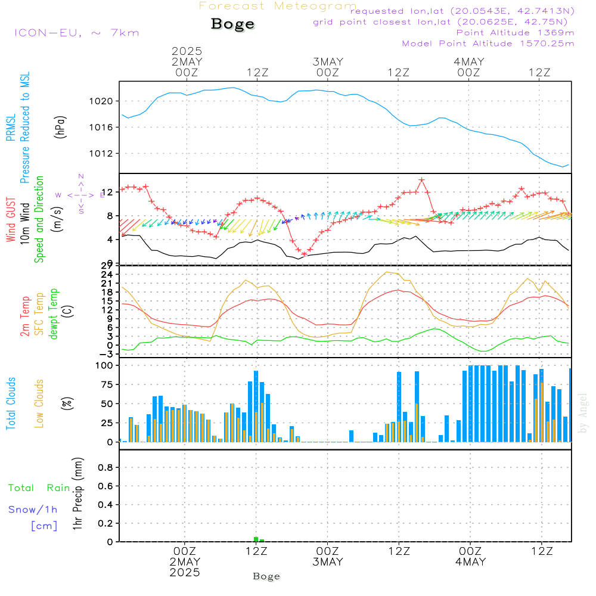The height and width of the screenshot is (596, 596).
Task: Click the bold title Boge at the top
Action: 232,24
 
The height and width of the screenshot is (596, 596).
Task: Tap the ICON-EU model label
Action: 76,33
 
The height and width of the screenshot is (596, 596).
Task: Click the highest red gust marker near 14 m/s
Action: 421,179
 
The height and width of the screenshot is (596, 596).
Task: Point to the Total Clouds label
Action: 11,403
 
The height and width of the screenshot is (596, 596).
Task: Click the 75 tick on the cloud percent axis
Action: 107,384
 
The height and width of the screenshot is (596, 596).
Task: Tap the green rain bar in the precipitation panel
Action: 256,539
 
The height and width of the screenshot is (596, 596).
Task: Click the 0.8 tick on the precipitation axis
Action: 106,468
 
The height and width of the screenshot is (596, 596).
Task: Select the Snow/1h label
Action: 33,510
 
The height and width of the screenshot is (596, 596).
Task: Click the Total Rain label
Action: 39,488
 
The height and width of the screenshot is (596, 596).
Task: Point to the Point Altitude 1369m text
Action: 515,32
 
